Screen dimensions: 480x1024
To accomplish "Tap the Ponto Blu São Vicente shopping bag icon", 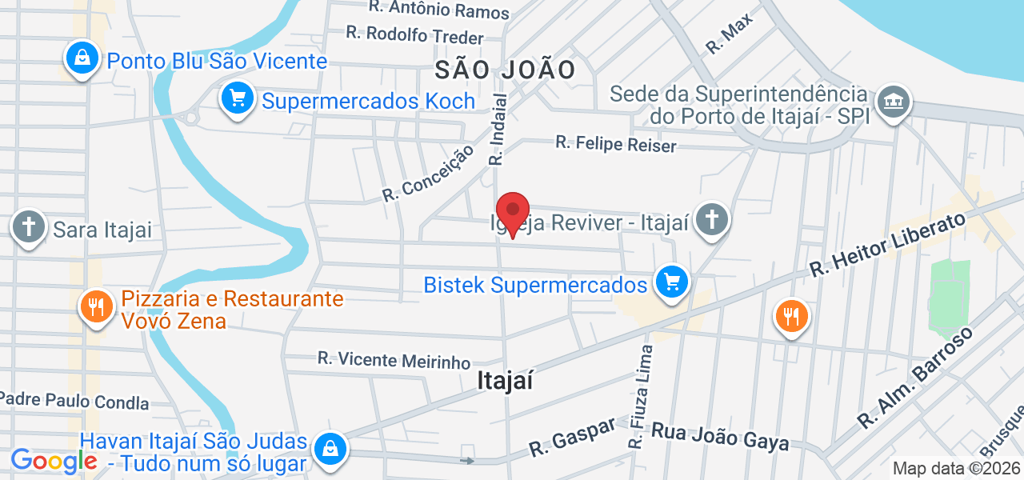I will click(x=82, y=58).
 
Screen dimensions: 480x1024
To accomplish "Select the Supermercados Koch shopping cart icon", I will click(x=238, y=99).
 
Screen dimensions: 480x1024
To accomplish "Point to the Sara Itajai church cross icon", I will click(x=29, y=227).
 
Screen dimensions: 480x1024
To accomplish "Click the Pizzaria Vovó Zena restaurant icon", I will click(x=96, y=307).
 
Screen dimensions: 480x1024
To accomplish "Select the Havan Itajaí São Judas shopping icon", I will click(x=329, y=449).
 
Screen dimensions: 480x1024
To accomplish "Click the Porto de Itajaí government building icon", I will click(x=894, y=102).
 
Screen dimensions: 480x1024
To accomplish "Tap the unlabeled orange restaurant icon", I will click(x=791, y=315).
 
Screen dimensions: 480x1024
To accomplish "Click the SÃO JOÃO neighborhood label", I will click(x=506, y=70).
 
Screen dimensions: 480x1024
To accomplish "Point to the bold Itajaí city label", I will click(x=505, y=381).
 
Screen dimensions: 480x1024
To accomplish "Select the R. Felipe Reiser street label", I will click(x=616, y=144).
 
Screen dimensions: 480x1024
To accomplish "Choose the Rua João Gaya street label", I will click(x=720, y=437).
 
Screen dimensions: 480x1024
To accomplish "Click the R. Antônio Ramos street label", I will click(x=438, y=10).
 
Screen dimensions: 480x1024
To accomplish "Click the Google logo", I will click(x=54, y=461).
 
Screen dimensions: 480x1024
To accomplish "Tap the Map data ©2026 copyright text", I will click(x=957, y=469).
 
